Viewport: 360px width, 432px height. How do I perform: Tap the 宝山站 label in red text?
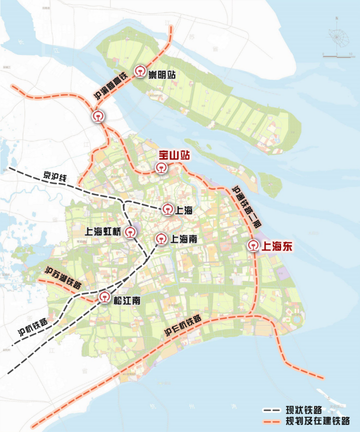pos(174,156)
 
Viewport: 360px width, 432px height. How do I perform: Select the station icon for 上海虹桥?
pos(130,232)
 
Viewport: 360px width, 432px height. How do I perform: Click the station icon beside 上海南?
pos(161,239)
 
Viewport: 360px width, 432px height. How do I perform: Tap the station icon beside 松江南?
pos(104,298)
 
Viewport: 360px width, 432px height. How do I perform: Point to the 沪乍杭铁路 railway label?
pos(183,326)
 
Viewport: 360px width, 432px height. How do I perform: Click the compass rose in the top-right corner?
pos(337,35)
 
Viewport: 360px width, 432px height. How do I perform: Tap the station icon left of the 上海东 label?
pos(253,246)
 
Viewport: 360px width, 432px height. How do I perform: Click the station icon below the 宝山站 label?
pos(161,168)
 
